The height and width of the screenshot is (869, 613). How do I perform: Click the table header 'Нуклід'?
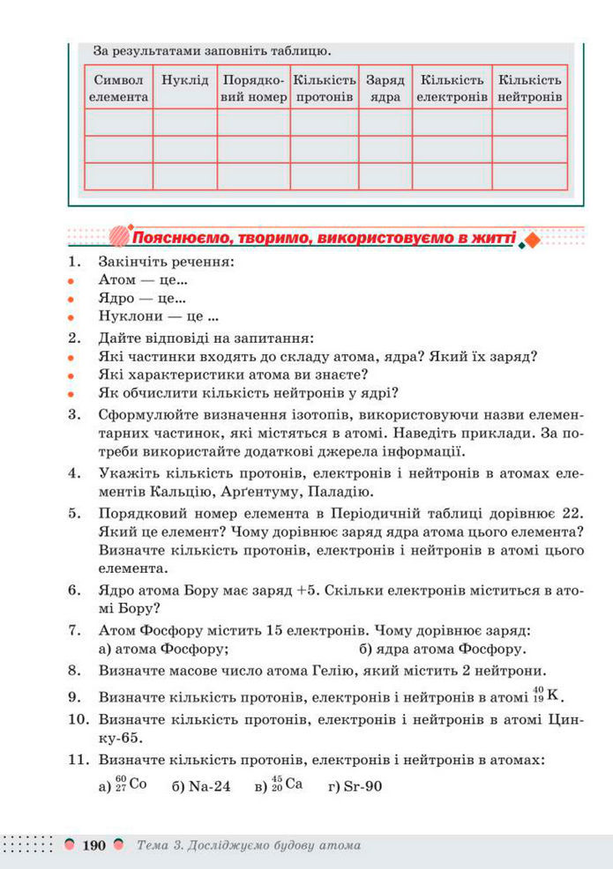184,80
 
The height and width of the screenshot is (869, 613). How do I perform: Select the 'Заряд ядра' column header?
385,88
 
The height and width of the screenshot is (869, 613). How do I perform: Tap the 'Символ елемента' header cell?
118,88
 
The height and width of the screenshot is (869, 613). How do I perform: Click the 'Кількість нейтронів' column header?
529,88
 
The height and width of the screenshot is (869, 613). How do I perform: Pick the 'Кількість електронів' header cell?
452,88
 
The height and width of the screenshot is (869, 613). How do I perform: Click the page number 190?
93,845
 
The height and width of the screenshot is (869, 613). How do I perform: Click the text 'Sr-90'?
363,786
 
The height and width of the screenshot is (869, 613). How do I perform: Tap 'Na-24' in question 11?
209,786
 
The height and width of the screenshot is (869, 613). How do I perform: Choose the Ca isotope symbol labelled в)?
288,784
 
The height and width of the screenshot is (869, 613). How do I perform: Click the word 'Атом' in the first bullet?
117,280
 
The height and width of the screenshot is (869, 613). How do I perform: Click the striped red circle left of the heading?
119,237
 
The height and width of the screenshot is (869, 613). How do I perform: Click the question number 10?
78,719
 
